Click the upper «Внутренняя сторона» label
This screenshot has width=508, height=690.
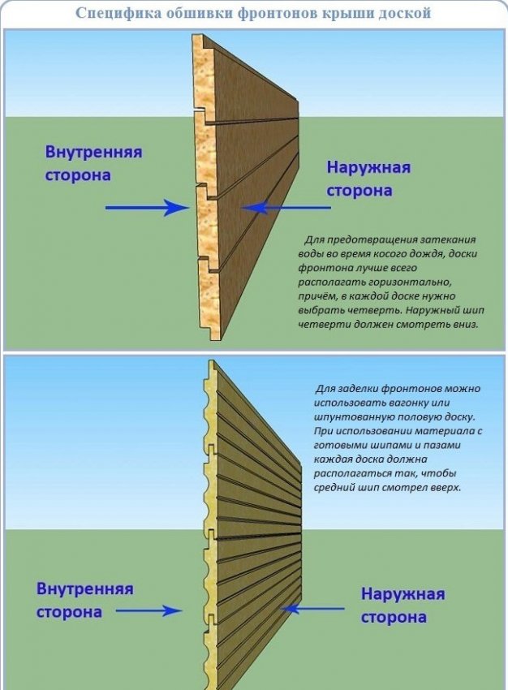point(93,163)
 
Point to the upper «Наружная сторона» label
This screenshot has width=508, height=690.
point(368,179)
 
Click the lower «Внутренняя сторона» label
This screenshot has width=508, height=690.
point(84,600)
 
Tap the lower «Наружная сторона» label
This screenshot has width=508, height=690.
point(403,605)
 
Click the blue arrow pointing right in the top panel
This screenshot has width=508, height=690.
point(147,208)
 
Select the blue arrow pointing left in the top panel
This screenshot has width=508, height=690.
point(287,208)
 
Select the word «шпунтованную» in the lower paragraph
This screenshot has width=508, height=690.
point(351,417)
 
